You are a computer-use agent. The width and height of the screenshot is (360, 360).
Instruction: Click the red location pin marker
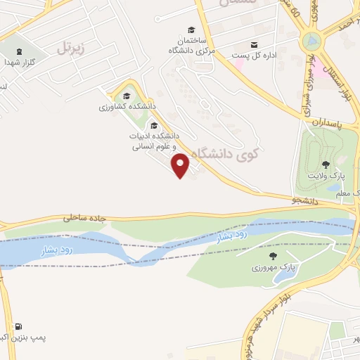(181, 165)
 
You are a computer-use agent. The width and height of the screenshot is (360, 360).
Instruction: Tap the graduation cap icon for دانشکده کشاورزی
(127, 97)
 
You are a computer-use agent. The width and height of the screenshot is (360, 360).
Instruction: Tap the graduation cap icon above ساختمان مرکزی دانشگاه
(191, 30)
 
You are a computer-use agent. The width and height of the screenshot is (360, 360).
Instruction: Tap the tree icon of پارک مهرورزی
(273, 257)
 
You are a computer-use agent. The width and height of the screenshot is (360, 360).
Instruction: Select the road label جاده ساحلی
(85, 218)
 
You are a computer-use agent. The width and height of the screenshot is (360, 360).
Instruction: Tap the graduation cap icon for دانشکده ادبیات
(154, 126)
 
